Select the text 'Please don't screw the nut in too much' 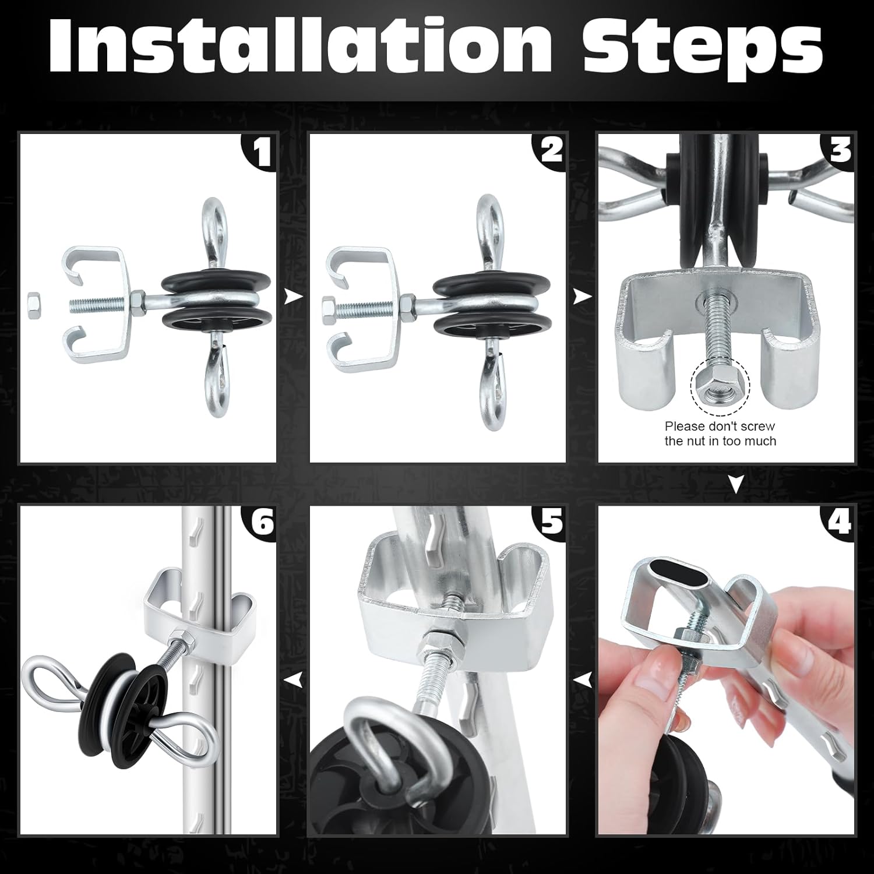tap(720, 434)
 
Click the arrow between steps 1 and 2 tap(293, 298)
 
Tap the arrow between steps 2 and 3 tap(582, 298)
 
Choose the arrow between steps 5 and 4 tap(582, 679)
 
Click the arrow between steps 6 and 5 tap(293, 679)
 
